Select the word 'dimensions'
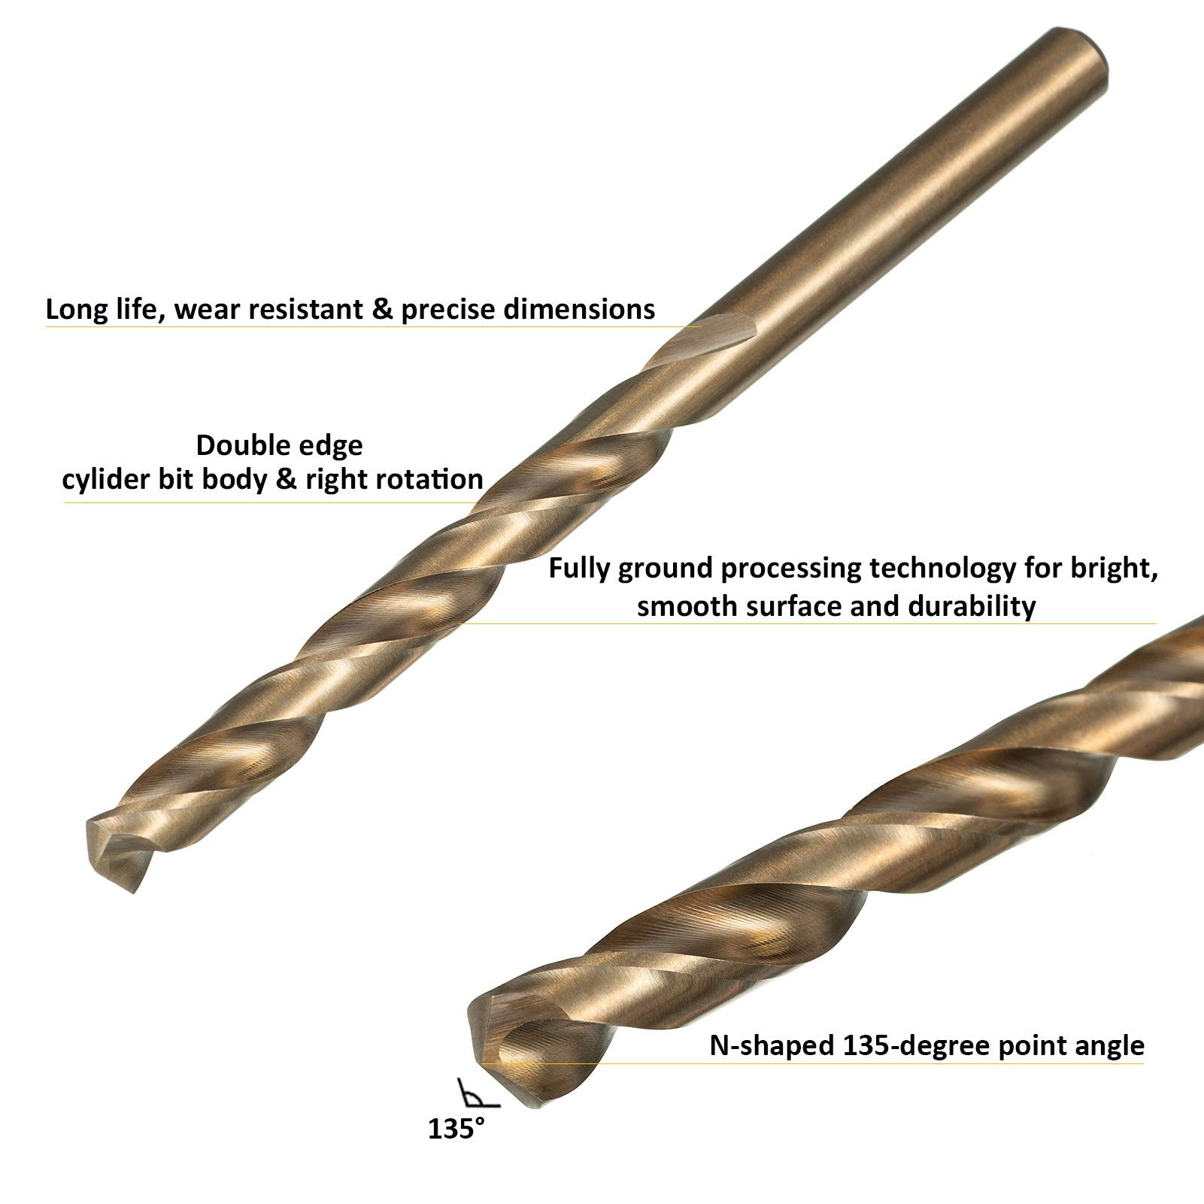coord(579,310)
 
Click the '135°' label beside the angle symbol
coord(456,1129)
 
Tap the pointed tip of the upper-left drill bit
coord(132,892)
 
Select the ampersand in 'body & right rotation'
coord(287,480)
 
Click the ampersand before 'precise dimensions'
coord(383,310)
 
